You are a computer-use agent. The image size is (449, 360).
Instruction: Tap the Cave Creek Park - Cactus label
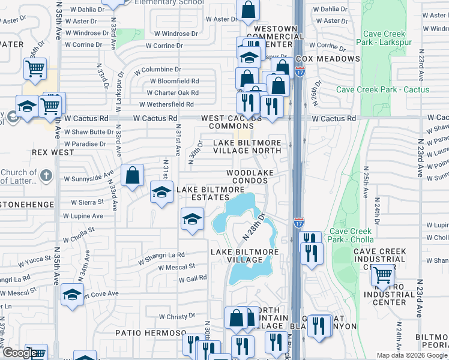(x=382, y=89)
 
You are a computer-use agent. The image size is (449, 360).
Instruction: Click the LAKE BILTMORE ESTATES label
(x=210, y=193)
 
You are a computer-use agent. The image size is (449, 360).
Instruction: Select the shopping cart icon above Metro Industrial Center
(x=383, y=275)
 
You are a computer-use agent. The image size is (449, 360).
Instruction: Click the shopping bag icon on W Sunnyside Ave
(x=132, y=175)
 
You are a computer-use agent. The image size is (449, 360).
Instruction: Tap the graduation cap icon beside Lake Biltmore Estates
(x=161, y=193)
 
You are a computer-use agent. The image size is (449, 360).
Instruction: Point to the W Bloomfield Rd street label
(x=174, y=81)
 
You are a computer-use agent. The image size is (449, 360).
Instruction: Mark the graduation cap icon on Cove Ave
(x=71, y=295)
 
